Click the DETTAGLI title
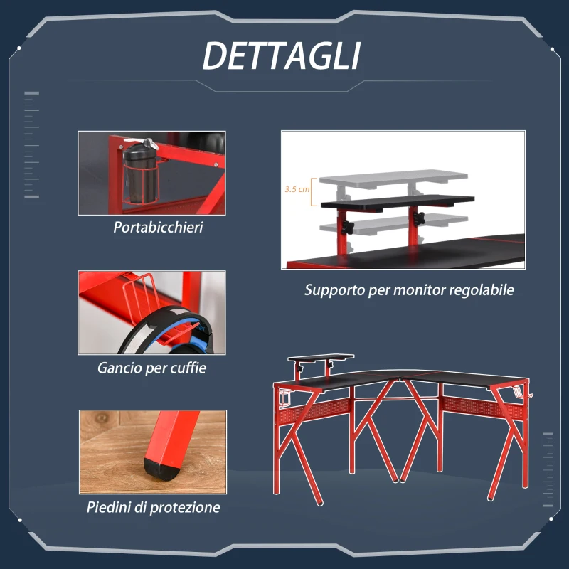pyautogui.click(x=282, y=56)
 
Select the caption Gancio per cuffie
pyautogui.click(x=151, y=368)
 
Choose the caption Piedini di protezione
pyautogui.click(x=153, y=507)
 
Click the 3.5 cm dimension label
pyautogui.click(x=297, y=190)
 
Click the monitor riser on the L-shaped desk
pyautogui.click(x=319, y=358)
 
